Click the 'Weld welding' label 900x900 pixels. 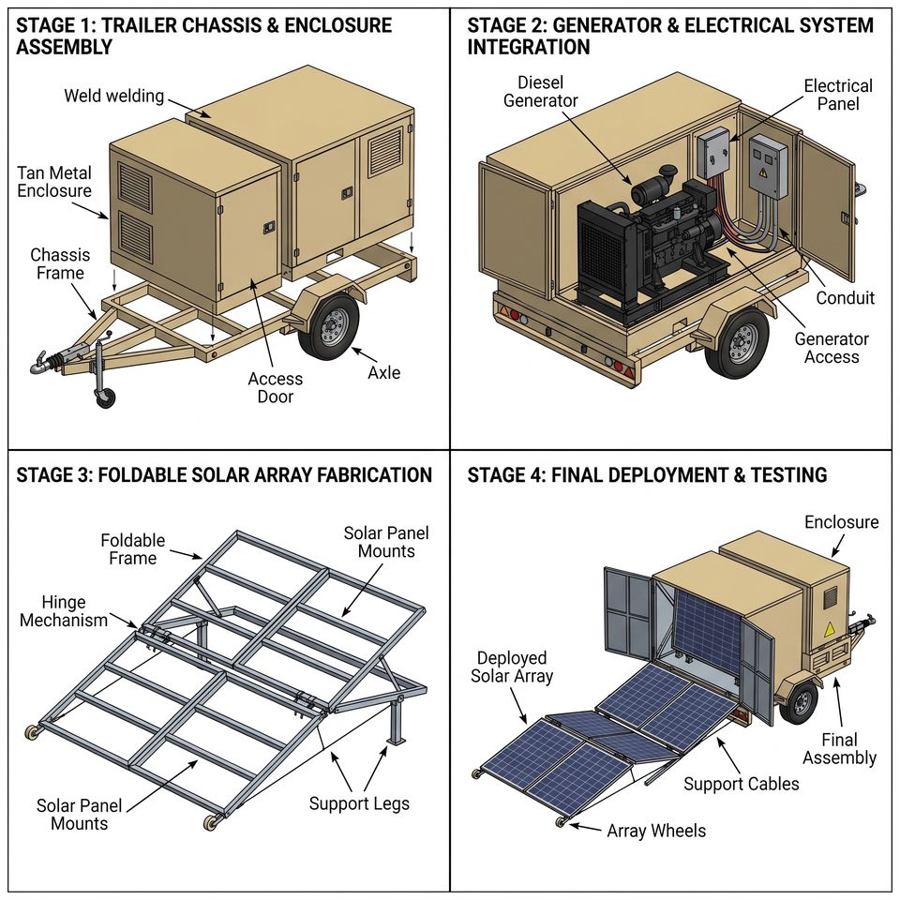click(x=113, y=96)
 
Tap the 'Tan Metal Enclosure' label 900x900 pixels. click(x=54, y=182)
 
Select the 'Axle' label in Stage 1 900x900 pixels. click(x=384, y=372)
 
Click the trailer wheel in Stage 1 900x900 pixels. click(x=328, y=326)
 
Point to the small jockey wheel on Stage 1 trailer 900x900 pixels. click(x=105, y=397)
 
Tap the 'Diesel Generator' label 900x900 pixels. click(x=540, y=92)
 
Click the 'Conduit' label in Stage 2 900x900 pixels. click(x=845, y=298)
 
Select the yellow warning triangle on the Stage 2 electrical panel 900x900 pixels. click(x=763, y=172)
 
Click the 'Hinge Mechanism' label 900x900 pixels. click(x=63, y=611)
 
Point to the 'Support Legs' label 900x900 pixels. click(x=359, y=803)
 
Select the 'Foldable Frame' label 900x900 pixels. click(x=132, y=549)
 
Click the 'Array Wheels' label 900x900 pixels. click(x=656, y=831)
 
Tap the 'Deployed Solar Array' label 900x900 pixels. click(x=512, y=667)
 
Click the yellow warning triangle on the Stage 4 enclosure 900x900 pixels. click(x=830, y=630)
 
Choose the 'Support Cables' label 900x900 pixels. click(x=741, y=784)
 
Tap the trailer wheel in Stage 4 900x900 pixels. click(x=800, y=702)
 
